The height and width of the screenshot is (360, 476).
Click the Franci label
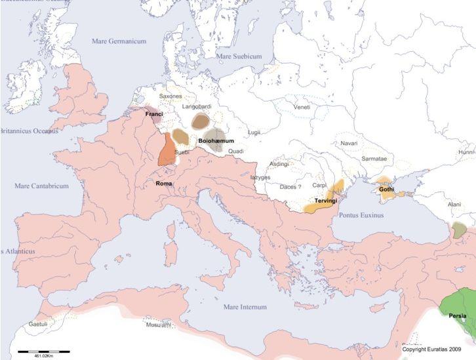(153, 114)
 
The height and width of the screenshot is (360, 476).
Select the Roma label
(164, 184)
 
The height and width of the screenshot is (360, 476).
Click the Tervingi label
(326, 201)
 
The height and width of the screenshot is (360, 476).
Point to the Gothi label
(386, 190)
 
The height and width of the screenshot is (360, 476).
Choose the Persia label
(458, 316)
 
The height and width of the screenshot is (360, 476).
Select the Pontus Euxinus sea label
(361, 214)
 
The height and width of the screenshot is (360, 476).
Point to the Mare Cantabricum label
(41, 186)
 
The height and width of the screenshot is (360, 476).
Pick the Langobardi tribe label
(195, 105)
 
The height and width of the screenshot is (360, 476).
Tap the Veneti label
(302, 107)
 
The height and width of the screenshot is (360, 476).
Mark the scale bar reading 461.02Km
(43, 355)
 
